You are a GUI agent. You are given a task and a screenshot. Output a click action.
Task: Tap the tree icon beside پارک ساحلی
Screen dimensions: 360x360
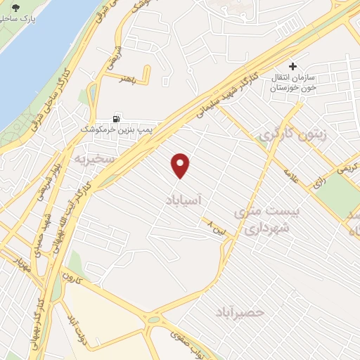(16, 8)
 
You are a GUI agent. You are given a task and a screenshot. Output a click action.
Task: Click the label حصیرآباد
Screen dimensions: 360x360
(241, 309)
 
